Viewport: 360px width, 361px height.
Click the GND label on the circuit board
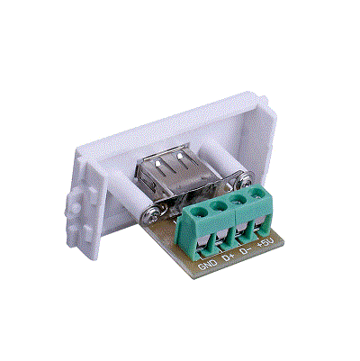pyautogui.click(x=208, y=264)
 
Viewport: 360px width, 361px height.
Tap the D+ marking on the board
pyautogui.click(x=229, y=257)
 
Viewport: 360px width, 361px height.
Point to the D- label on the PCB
pyautogui.click(x=246, y=250)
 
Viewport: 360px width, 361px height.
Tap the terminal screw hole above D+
pyautogui.click(x=219, y=206)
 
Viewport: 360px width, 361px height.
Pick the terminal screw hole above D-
pyautogui.click(x=238, y=199)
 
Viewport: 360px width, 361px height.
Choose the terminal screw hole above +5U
pyautogui.click(x=256, y=193)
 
